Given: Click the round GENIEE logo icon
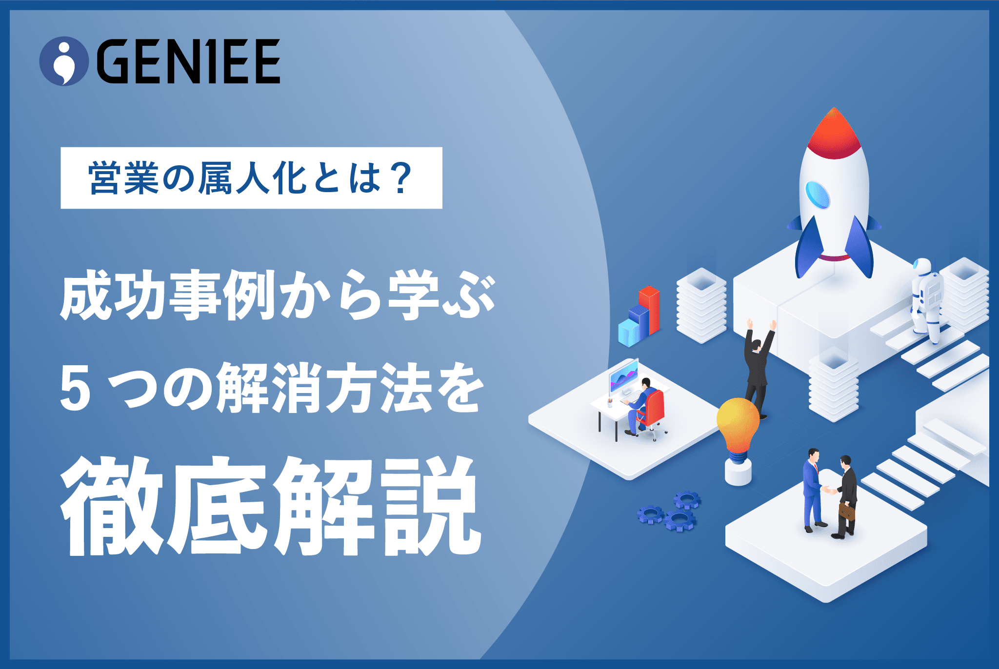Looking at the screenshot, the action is point(64,61).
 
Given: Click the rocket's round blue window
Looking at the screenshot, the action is point(818,195).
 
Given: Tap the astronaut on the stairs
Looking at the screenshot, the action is point(926,300).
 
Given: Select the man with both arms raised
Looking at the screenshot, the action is point(758,369).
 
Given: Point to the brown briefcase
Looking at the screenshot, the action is point(847,511).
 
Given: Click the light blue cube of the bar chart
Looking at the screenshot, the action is point(629,333).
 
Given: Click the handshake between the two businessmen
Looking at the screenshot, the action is point(830,490).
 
